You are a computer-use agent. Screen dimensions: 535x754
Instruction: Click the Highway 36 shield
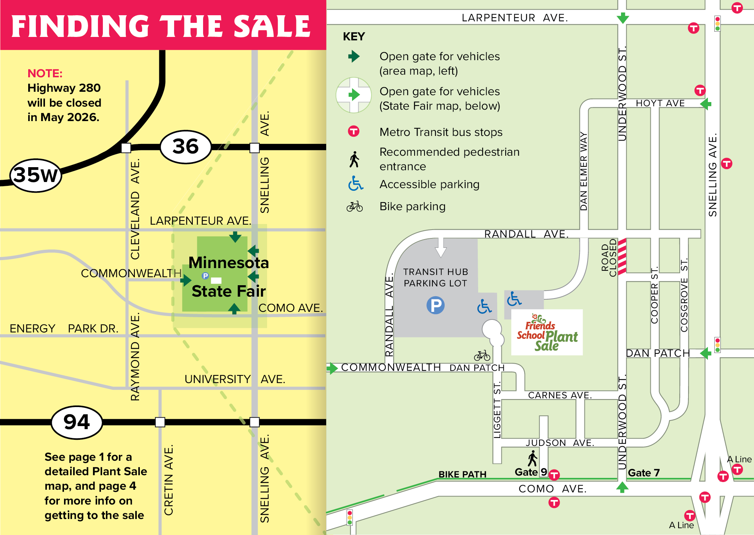[186, 147]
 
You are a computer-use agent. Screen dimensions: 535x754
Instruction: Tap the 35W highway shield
[35, 176]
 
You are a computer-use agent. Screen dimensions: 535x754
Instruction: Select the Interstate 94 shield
[77, 422]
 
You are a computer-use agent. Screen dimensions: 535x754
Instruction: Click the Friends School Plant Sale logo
[547, 332]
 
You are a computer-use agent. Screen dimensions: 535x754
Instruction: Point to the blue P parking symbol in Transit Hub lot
[435, 305]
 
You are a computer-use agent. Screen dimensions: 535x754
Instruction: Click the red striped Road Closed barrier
[622, 256]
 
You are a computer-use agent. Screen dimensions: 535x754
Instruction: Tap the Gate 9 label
[530, 472]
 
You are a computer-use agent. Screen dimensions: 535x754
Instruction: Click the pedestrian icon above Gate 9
[533, 458]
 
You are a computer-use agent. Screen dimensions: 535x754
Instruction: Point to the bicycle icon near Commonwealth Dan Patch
[482, 356]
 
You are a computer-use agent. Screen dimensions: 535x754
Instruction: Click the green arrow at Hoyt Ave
[706, 104]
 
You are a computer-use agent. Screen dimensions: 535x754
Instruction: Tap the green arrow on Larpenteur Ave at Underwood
[623, 18]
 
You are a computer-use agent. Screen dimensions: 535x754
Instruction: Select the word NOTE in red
[45, 73]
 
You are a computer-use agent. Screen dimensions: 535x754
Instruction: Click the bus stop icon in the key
[354, 131]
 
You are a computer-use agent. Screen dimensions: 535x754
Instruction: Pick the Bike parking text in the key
[412, 206]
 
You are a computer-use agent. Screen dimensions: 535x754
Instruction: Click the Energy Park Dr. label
[64, 328]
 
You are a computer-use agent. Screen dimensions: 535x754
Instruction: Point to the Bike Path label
[462, 474]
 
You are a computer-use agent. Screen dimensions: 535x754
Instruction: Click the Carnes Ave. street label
[559, 395]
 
